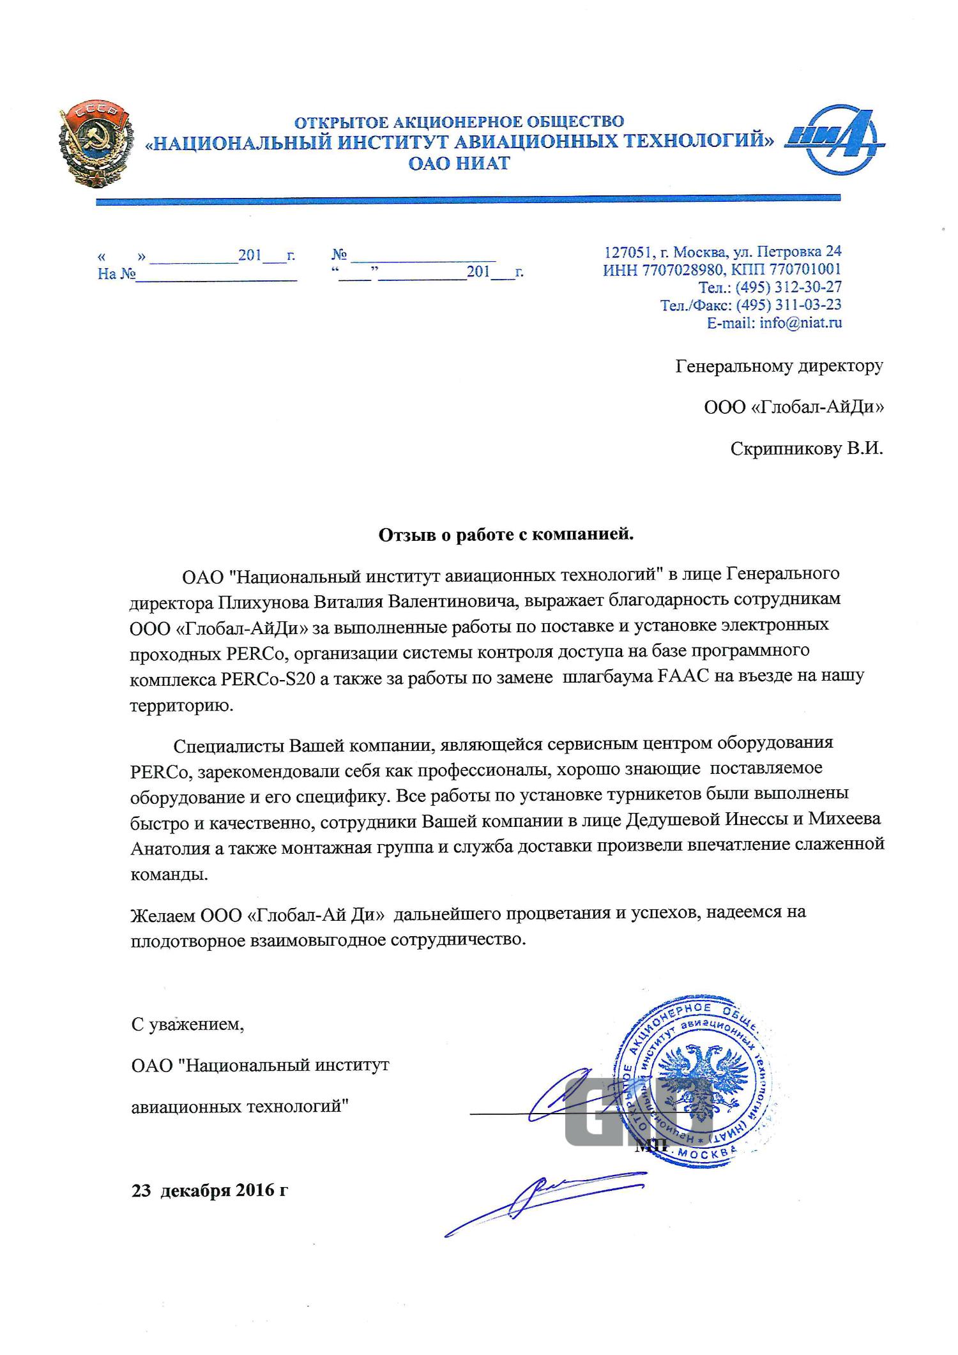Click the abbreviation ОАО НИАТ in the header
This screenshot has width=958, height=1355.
point(459,163)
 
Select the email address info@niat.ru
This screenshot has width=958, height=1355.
point(800,323)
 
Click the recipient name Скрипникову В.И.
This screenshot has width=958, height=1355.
point(807,449)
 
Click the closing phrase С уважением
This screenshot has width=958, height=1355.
point(187,1026)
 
